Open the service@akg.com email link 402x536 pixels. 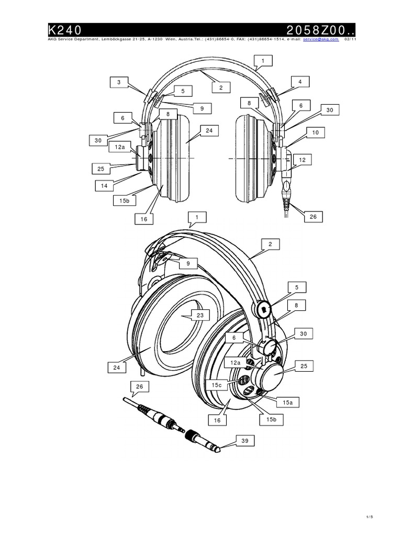tap(320, 39)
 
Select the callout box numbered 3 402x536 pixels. tap(119, 82)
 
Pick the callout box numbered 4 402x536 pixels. tap(300, 82)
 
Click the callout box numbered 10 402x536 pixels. tap(315, 133)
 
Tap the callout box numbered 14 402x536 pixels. tap(105, 185)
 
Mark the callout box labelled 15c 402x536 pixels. tap(217, 385)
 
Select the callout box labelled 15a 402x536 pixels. tap(287, 403)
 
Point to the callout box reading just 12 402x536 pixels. tap(301, 158)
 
